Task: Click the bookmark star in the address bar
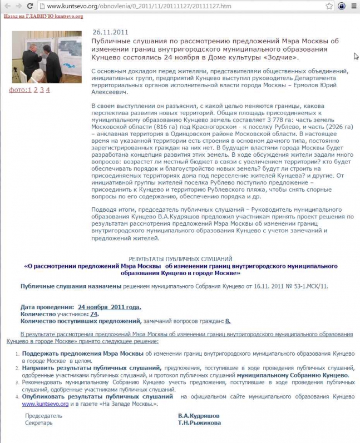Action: (x=329, y=6)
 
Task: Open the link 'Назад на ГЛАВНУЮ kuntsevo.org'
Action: (x=43, y=16)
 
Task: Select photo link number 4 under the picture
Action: (x=48, y=89)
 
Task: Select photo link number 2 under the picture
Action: (x=35, y=89)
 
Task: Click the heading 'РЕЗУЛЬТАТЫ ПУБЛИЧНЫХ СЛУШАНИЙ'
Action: (x=180, y=259)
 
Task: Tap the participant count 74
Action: (x=94, y=313)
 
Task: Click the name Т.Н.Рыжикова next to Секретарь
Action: (x=199, y=423)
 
